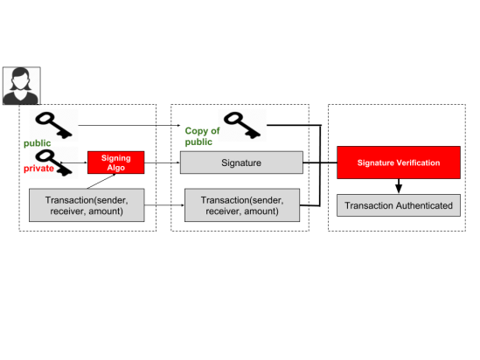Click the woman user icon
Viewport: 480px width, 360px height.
pyautogui.click(x=22, y=86)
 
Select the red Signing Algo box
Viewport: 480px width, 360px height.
pyautogui.click(x=116, y=163)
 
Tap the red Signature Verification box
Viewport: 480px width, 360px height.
pyautogui.click(x=399, y=163)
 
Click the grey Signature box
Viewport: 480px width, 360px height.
pyautogui.click(x=241, y=163)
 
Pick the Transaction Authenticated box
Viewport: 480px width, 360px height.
pyautogui.click(x=399, y=205)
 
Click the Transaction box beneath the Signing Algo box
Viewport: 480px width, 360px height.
pyautogui.click(x=87, y=205)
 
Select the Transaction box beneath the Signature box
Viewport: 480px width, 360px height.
pyautogui.click(x=242, y=205)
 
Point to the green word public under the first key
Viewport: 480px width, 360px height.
pyautogui.click(x=37, y=143)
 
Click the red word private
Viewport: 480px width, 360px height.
pyautogui.click(x=38, y=169)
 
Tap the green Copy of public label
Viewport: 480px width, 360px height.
pyautogui.click(x=202, y=136)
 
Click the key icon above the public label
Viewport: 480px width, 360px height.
pyautogui.click(x=54, y=124)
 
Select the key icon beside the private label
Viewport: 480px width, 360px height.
pyautogui.click(x=54, y=163)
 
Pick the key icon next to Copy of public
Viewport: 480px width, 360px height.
pyautogui.click(x=242, y=124)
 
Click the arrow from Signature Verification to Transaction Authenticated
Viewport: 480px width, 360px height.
pyautogui.click(x=399, y=186)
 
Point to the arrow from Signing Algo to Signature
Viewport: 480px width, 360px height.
pyautogui.click(x=163, y=163)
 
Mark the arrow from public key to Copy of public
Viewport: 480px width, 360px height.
pyautogui.click(x=129, y=125)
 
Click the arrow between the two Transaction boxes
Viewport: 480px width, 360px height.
pyautogui.click(x=164, y=205)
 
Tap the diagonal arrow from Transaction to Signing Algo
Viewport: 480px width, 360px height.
pyautogui.click(x=101, y=181)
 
